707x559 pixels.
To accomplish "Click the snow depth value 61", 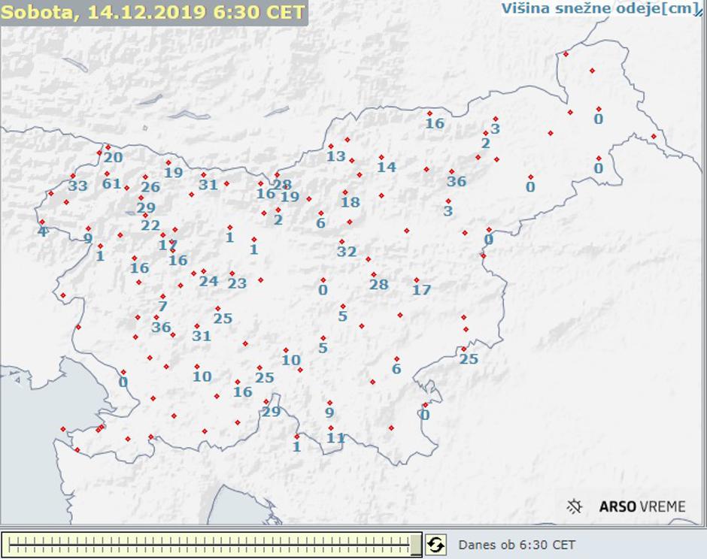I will pos(111,183).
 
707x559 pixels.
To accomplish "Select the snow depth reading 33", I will pos(78,186).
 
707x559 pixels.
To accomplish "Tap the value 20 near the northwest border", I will pos(114,157).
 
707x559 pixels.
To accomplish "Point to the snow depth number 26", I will pos(150,187).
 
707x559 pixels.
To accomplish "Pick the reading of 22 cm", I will pos(150,225).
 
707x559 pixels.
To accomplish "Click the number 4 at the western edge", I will pos(43,231).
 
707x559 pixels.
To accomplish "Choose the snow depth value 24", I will pos(208,281).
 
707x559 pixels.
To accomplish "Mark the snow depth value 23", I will pos(237,283).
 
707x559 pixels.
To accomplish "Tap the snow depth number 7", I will pos(162,306).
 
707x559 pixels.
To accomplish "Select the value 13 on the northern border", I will pos(336,156).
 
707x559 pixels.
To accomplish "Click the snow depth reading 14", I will pos(387,167).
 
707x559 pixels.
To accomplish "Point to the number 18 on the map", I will pos(350,202).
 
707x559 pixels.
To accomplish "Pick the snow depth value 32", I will pos(347,252).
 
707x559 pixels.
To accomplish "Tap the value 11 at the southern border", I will pos(336,437).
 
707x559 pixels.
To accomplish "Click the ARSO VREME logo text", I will pos(642,506).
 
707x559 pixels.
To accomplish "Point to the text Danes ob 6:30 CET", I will pos(517,545).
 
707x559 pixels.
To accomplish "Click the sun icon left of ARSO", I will pos(575,506).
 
